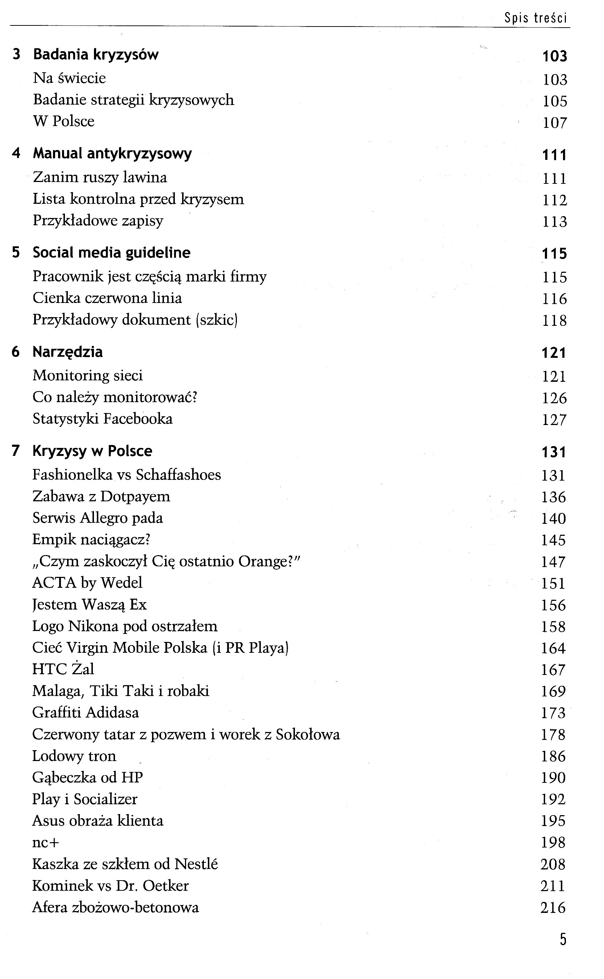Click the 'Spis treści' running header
[535, 18]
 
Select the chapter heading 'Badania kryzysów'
[95, 54]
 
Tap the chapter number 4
[16, 153]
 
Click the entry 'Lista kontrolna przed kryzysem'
[138, 199]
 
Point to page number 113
[554, 222]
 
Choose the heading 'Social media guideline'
[111, 252]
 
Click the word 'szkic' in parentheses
[217, 320]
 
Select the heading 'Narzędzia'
[67, 352]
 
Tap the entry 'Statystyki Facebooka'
[102, 419]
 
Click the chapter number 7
[16, 451]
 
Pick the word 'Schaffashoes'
[178, 475]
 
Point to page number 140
[553, 518]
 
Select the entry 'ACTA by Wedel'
[87, 583]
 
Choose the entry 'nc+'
[46, 843]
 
